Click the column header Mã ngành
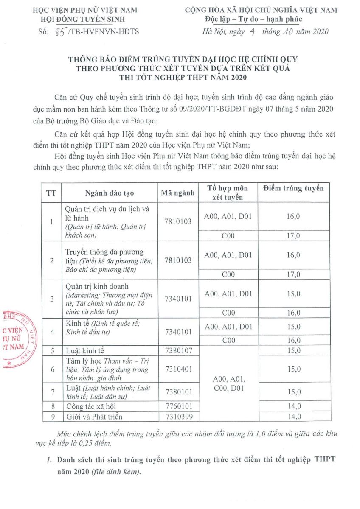(178, 193)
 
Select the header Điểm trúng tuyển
(293, 188)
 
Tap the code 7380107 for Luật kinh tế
(178, 351)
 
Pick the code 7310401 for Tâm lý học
(178, 369)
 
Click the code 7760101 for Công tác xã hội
(178, 406)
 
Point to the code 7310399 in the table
(178, 417)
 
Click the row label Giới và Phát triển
(92, 417)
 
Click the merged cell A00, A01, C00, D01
(228, 383)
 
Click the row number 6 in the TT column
(52, 369)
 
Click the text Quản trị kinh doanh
(97, 286)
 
